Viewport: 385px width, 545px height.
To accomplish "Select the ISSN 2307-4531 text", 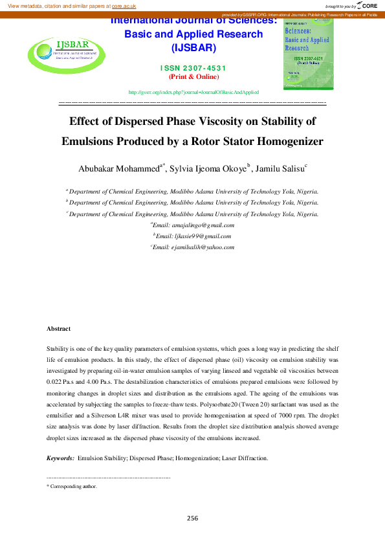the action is pyautogui.click(x=194, y=68).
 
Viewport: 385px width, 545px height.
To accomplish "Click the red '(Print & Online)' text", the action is pyautogui.click(x=194, y=76).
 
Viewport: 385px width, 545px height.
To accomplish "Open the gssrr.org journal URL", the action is pyautogui.click(x=194, y=93).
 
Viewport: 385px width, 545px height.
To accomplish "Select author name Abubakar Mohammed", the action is pyautogui.click(x=118, y=169).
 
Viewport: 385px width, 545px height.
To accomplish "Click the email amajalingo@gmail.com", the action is pyautogui.click(x=194, y=225).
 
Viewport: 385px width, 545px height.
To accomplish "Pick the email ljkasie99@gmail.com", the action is pyautogui.click(x=194, y=236).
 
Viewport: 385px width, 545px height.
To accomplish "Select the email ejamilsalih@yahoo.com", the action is pyautogui.click(x=194, y=247).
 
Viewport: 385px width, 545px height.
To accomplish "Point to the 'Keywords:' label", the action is pyautogui.click(x=60, y=458).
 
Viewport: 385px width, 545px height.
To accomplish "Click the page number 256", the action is pyautogui.click(x=192, y=518).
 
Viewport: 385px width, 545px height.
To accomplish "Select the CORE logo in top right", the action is pyautogui.click(x=367, y=5).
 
